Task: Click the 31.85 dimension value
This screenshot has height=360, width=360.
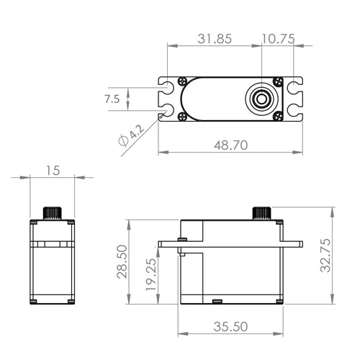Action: tap(214, 40)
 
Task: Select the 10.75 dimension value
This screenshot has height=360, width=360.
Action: tap(277, 40)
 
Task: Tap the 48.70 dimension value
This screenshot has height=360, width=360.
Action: tap(230, 145)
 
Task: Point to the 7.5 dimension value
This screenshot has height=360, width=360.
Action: tap(112, 99)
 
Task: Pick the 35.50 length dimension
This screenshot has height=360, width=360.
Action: tap(230, 326)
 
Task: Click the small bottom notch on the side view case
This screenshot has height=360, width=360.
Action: tap(215, 298)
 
